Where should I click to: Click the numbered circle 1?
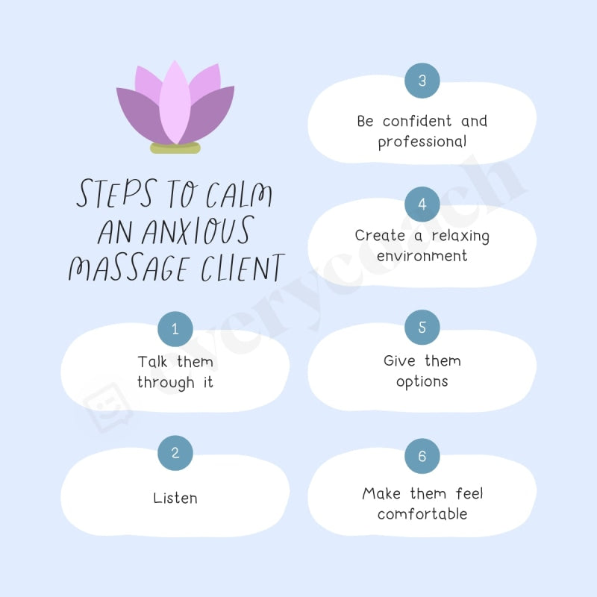tap(175, 329)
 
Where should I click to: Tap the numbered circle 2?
tap(175, 453)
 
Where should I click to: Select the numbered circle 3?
tap(422, 81)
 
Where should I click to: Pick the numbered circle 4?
tap(422, 204)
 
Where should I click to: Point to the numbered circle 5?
tap(422, 328)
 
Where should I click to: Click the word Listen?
tap(175, 498)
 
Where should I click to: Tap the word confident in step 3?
tap(417, 121)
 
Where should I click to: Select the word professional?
tap(422, 142)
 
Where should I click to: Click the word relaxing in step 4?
tap(460, 236)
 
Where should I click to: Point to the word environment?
tap(422, 256)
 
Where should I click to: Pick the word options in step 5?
tap(422, 381)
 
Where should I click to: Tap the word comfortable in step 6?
tap(422, 514)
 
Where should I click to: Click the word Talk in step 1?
tap(154, 362)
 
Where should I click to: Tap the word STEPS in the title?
tap(113, 195)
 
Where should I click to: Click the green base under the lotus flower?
tap(175, 149)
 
